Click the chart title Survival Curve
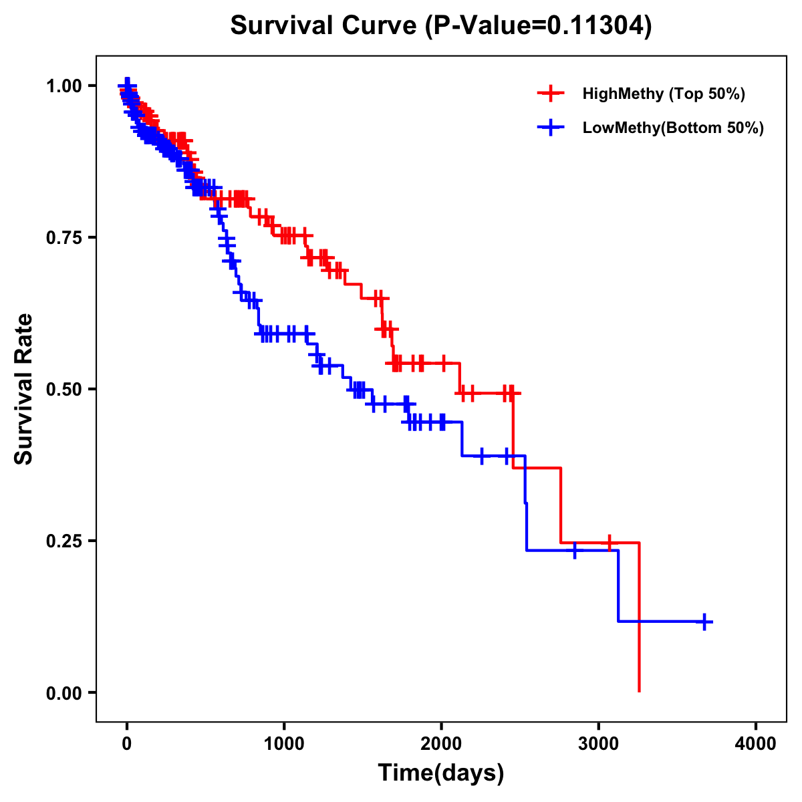pos(440,26)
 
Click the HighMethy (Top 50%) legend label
pos(663,94)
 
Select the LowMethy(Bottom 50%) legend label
pos(673,128)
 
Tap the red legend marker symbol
pos(550,94)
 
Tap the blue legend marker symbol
pos(550,128)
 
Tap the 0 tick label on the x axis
pos(127,743)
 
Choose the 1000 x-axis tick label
pos(284,743)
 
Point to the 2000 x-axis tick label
pos(441,743)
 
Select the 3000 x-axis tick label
pos(599,743)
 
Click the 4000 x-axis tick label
pos(756,743)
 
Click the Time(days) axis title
pos(441,773)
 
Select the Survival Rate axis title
pos(24,389)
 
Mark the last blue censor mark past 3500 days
pos(704,622)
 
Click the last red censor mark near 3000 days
pos(609,543)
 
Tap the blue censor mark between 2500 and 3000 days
pos(574,551)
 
